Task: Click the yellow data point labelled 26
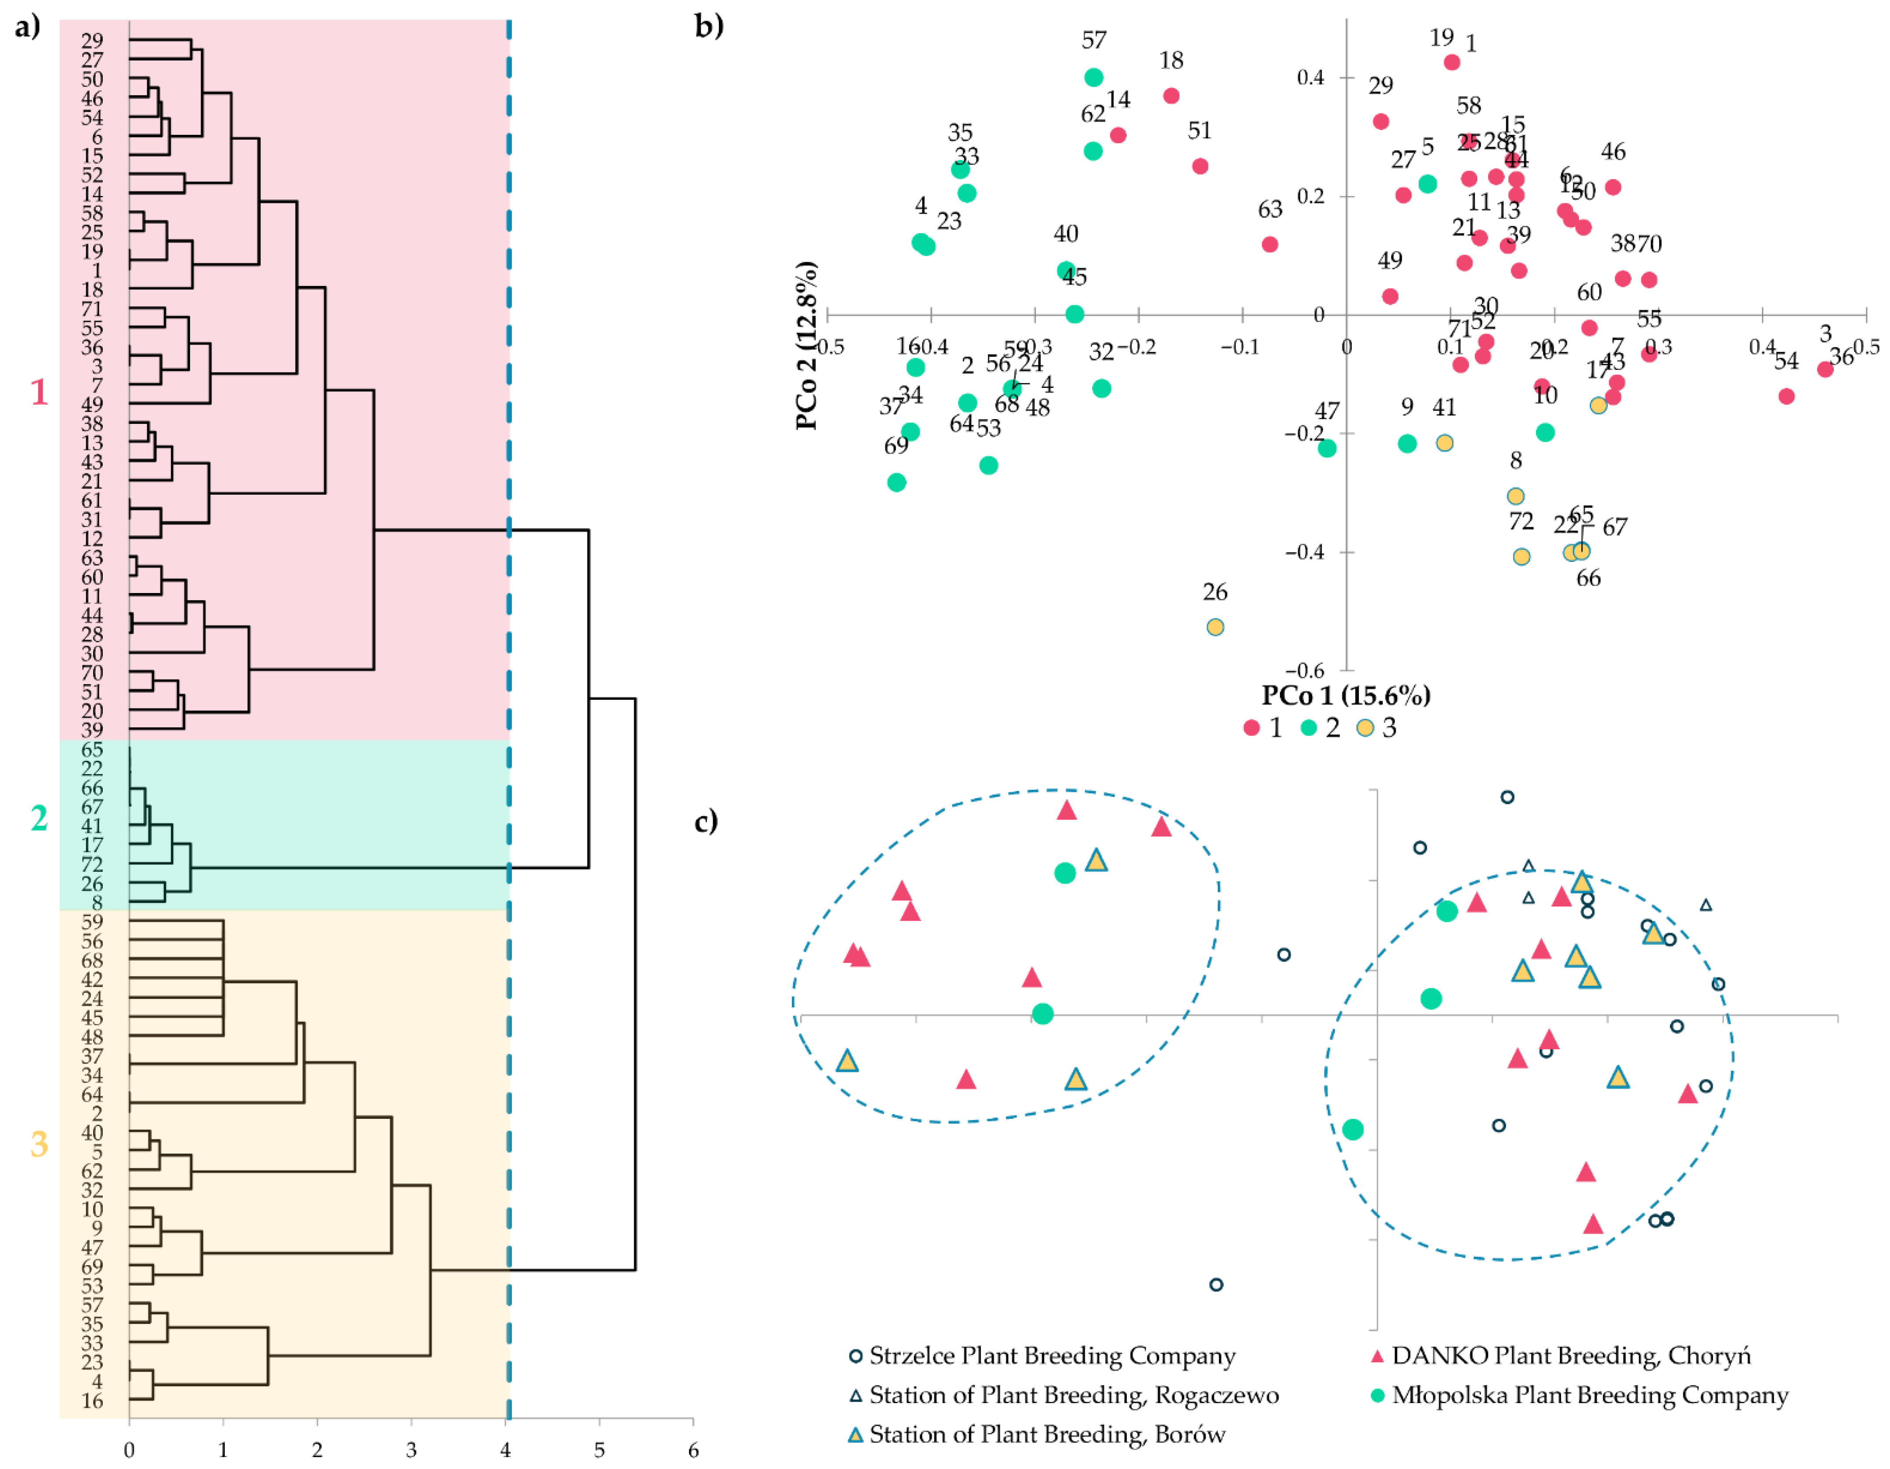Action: [x=1215, y=627]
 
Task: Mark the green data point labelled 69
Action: [x=897, y=482]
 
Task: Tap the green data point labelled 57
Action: [x=1094, y=77]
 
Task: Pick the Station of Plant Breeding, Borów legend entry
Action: [x=1037, y=1434]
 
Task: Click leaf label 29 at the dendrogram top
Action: [x=92, y=41]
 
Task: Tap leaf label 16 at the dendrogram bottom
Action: [x=92, y=1400]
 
